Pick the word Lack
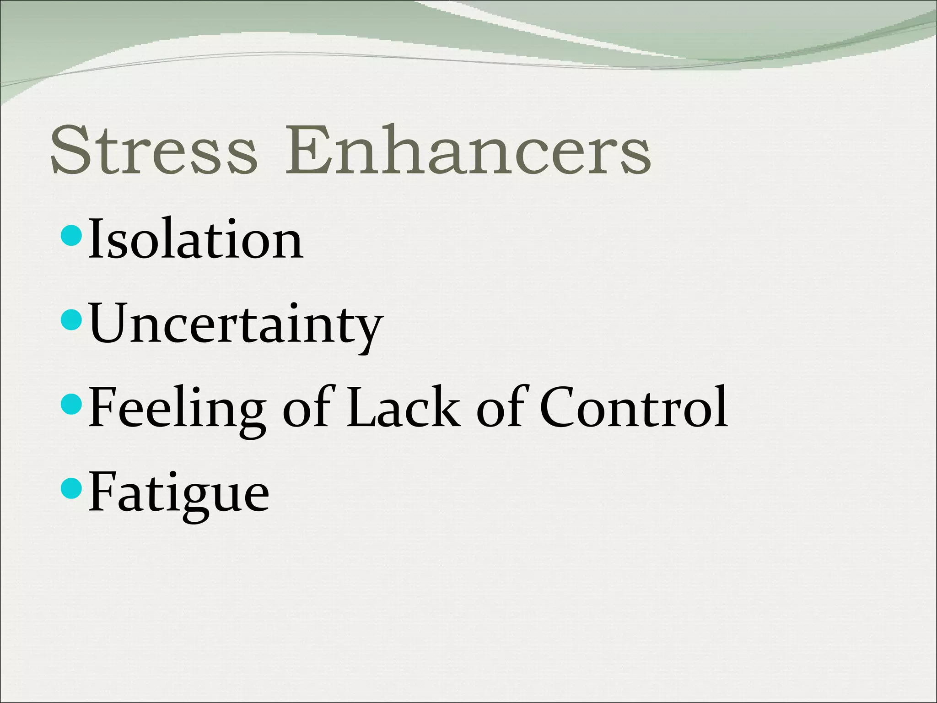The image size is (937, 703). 403,407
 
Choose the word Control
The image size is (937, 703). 634,407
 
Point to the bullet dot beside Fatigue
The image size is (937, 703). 71,488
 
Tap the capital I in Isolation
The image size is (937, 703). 94,239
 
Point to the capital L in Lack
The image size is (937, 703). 361,407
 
